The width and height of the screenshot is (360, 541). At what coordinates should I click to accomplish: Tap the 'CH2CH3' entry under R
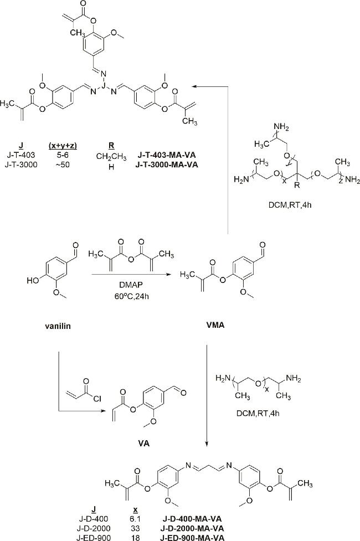(111, 157)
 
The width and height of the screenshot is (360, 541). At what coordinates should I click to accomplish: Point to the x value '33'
(136, 528)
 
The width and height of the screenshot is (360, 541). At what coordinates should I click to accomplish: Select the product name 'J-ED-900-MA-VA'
(193, 537)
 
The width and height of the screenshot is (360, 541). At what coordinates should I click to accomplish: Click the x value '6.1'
(136, 518)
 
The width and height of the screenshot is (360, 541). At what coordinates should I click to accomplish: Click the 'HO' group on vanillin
(33, 281)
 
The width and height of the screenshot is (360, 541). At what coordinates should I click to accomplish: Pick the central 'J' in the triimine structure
(103, 84)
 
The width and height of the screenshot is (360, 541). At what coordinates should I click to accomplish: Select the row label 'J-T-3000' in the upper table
(22, 164)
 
